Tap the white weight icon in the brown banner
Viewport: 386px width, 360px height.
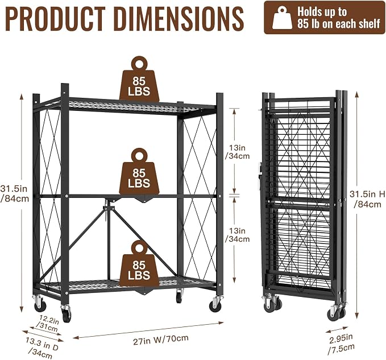click(282, 18)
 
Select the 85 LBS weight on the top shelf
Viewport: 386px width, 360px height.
click(139, 79)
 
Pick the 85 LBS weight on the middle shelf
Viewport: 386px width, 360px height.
click(139, 171)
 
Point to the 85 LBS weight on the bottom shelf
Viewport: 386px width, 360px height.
click(139, 263)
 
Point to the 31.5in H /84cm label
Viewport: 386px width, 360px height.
click(367, 199)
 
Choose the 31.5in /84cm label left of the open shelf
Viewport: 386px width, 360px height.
click(14, 193)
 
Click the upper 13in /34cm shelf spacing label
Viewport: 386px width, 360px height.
click(237, 152)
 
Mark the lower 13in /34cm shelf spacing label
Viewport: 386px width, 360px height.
click(237, 235)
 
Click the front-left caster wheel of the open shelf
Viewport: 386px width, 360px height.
click(66, 313)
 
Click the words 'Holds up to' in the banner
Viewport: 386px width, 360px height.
click(322, 11)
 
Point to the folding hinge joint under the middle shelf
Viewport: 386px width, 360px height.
click(107, 208)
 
